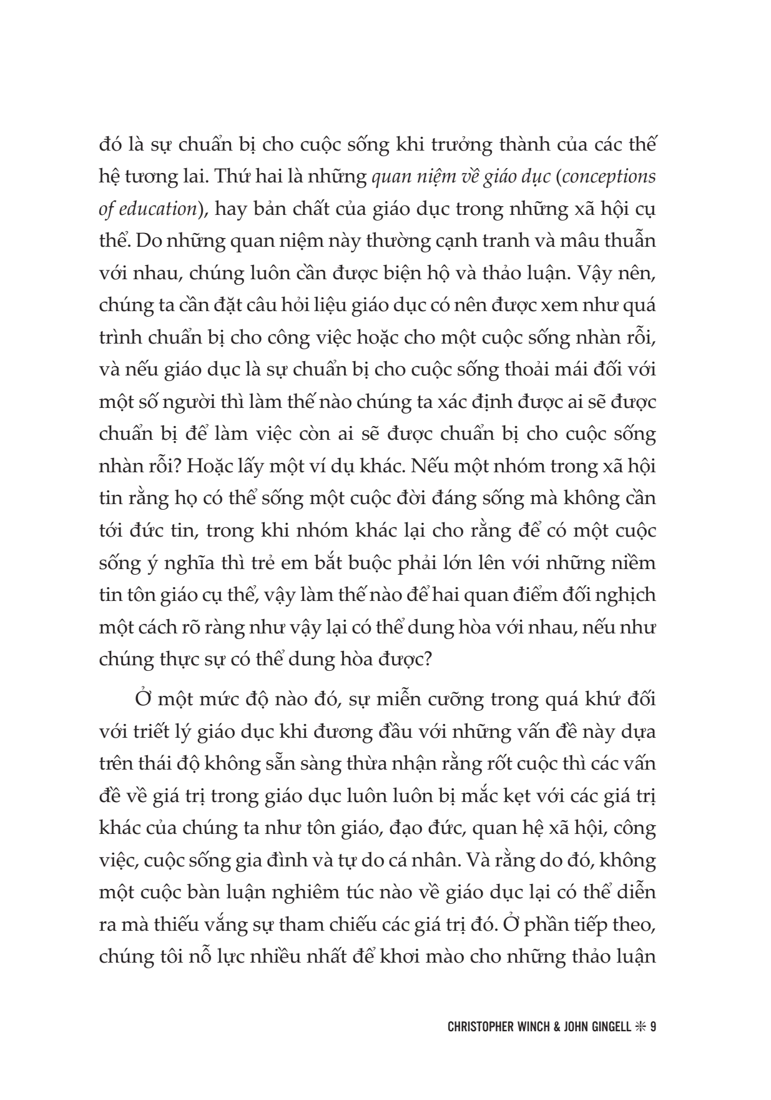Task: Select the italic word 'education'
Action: pos(155,209)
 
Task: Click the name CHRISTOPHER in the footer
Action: pos(485,1027)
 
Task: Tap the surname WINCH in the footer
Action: pos(543,1027)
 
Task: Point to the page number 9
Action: pos(652,1027)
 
